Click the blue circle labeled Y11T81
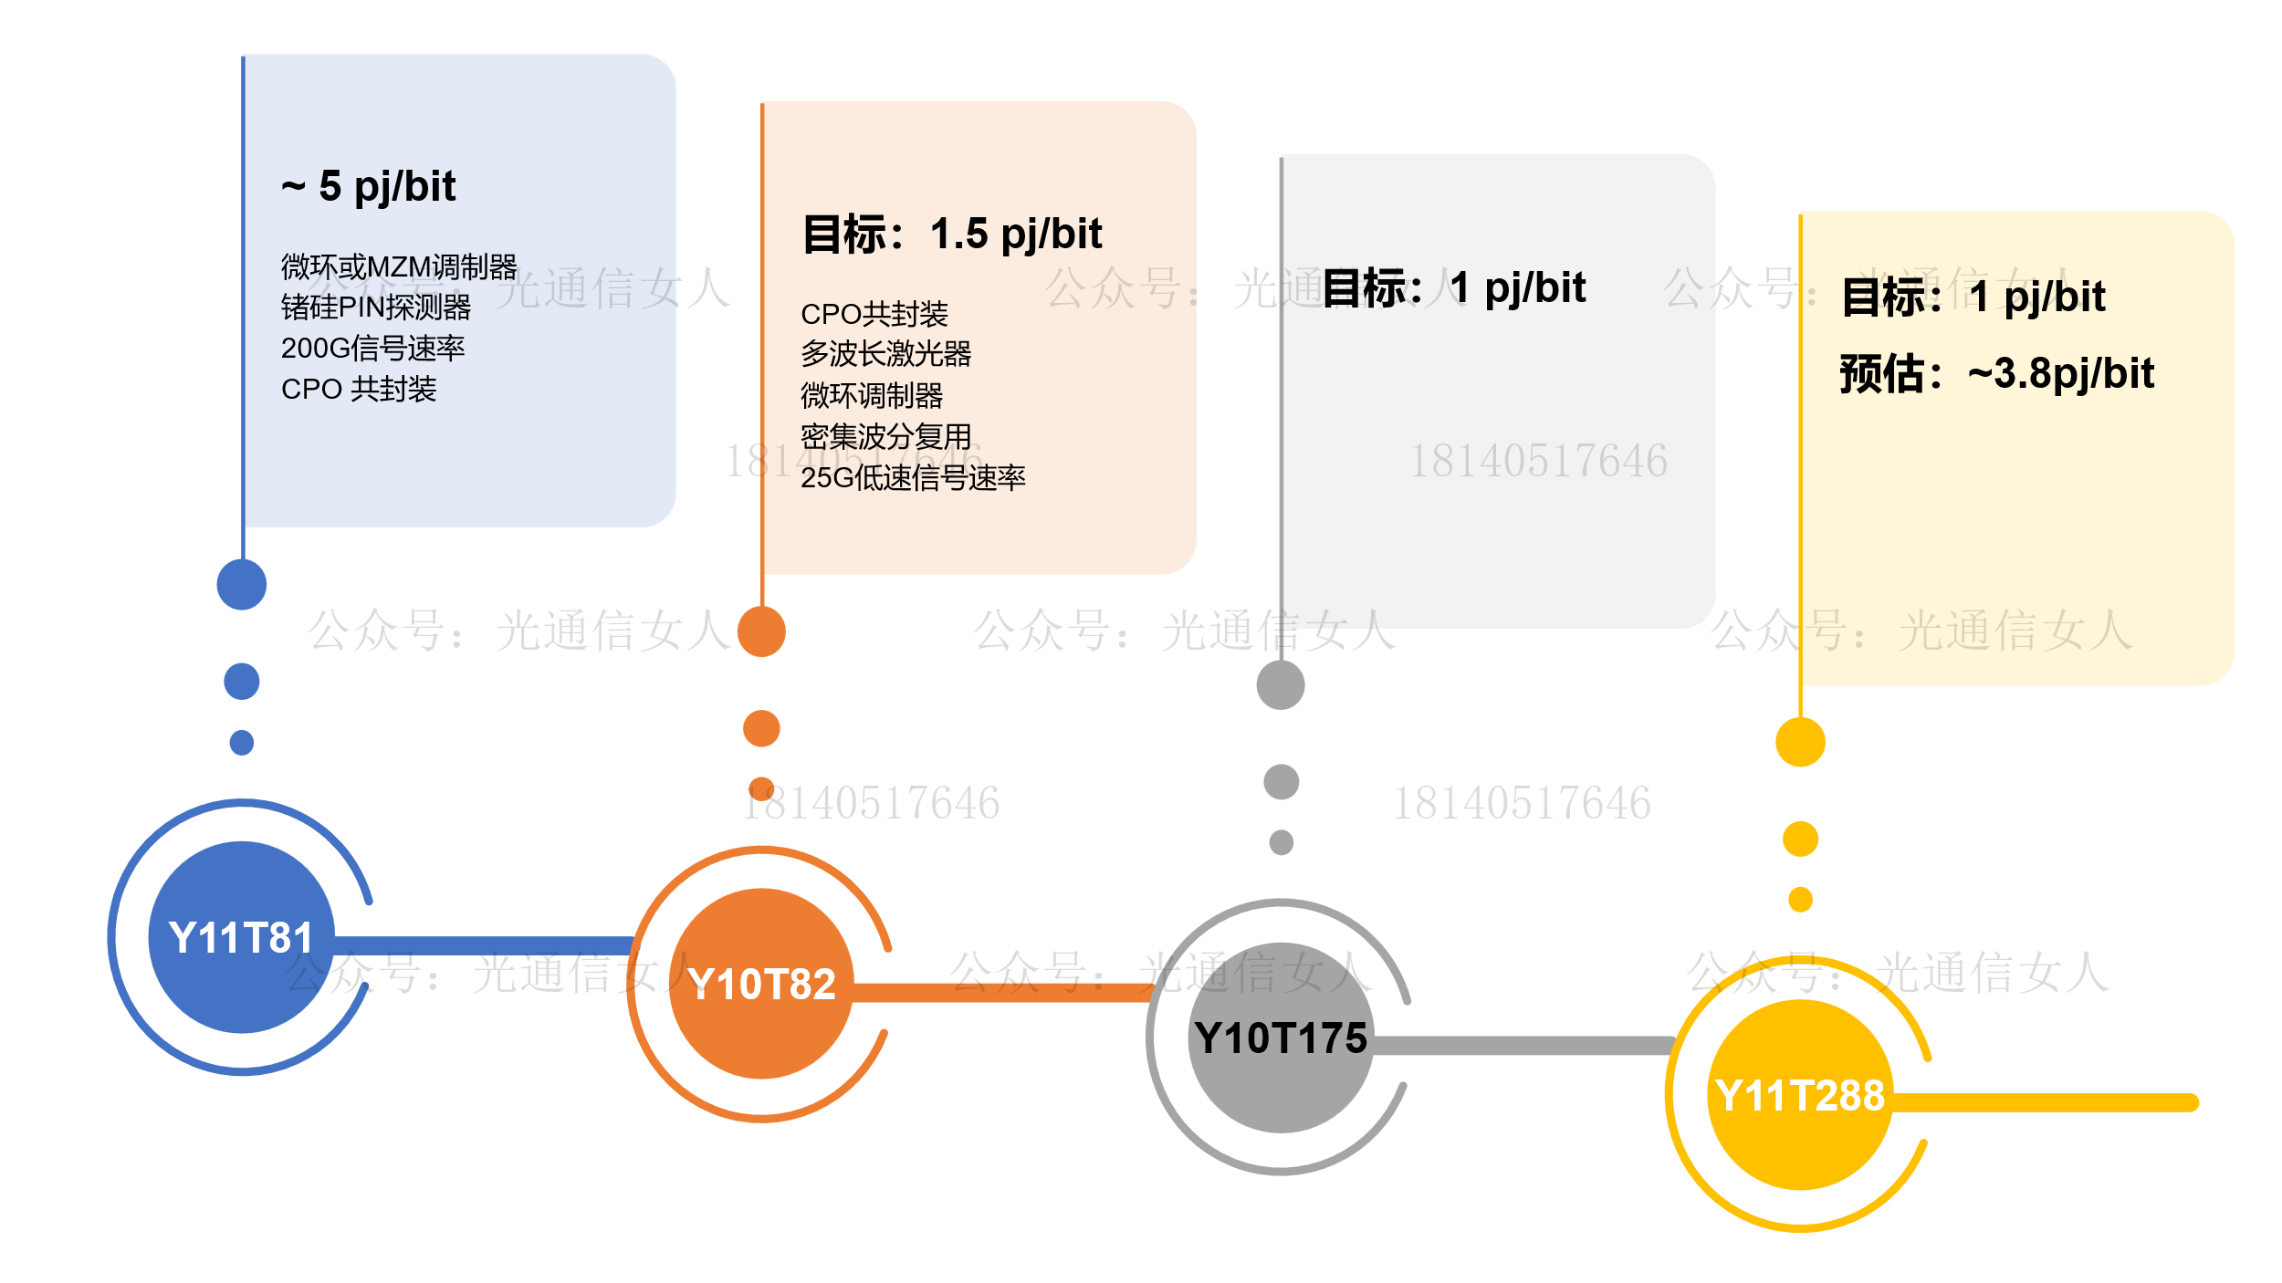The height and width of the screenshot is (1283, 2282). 241,937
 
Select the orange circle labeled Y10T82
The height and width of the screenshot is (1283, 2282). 761,984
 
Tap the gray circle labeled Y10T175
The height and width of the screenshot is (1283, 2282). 1281,1038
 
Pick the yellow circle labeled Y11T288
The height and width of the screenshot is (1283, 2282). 1799,1095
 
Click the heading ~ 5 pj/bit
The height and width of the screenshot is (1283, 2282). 369,187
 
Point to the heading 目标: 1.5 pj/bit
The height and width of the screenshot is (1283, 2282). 952,235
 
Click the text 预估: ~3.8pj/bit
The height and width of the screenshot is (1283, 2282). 1996,374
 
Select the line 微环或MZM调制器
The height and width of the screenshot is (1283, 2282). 399,267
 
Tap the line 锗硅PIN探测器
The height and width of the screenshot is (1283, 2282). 376,308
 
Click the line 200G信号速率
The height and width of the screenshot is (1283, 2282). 372,349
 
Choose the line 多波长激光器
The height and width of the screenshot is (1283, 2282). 885,354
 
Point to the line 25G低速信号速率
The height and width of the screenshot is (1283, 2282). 913,477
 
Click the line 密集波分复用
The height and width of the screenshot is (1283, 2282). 885,436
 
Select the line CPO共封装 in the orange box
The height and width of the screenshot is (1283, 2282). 874,314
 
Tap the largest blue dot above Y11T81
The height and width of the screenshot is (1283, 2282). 242,584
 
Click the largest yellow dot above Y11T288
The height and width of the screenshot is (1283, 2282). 1800,742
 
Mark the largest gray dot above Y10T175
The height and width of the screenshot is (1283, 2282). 1281,685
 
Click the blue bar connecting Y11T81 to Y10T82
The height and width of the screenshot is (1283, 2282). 484,946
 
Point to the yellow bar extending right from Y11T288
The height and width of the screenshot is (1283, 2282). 2045,1103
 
